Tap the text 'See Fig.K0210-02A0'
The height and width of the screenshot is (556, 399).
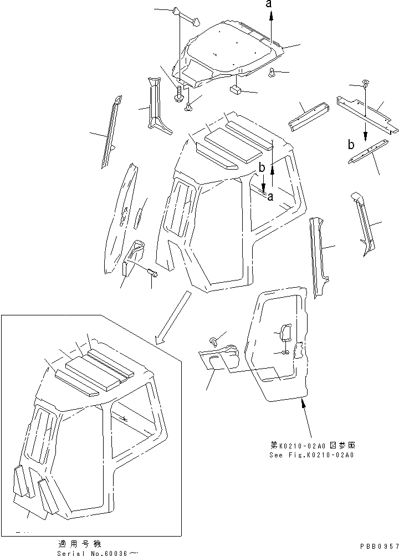(312, 455)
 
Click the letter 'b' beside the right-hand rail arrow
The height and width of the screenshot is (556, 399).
(351, 145)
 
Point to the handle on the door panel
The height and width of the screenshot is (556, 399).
(285, 334)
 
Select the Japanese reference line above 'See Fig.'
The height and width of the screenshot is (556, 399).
(312, 445)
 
